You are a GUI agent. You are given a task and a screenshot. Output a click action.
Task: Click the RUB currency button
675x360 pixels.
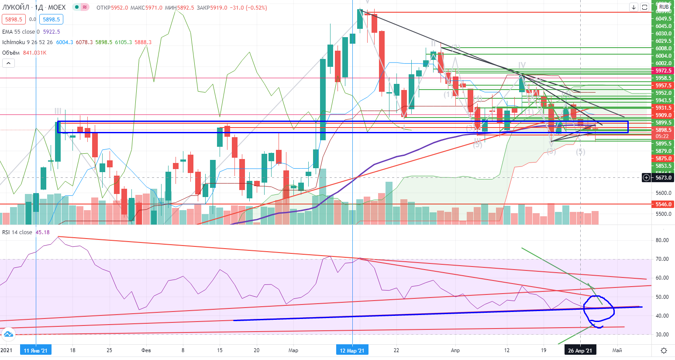664,7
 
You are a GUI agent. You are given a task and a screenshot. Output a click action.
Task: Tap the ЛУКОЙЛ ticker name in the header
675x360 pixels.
16,7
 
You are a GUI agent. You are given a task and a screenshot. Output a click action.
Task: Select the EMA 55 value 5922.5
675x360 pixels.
52,32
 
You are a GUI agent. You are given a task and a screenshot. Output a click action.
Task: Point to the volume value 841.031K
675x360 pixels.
35,53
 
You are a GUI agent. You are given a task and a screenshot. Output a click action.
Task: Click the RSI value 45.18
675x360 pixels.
42,232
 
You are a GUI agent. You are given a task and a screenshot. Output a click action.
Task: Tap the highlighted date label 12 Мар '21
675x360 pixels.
352,350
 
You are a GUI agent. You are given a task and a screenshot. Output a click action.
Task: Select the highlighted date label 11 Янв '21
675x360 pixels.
36,350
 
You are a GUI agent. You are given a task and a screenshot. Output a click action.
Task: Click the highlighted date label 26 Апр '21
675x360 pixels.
580,350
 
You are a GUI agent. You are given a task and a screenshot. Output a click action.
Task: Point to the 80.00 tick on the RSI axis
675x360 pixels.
662,240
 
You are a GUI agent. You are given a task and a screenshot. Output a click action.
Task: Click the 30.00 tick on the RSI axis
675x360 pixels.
662,335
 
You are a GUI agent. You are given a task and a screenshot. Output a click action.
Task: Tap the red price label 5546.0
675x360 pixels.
663,204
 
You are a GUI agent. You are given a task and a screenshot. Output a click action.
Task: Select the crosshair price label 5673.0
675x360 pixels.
663,178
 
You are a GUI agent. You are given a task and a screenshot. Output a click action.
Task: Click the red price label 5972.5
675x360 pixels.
663,71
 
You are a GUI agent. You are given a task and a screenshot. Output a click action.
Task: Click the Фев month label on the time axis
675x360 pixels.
146,350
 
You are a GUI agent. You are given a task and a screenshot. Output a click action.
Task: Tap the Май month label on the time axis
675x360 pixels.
617,350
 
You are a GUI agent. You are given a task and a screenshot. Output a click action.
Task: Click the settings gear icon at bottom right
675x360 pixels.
664,350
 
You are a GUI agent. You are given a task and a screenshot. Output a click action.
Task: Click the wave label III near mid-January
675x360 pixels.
58,111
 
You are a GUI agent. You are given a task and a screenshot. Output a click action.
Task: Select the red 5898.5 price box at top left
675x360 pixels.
14,19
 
